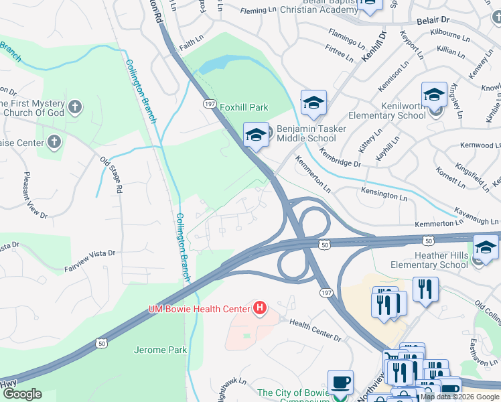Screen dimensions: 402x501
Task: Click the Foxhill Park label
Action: tap(244, 107)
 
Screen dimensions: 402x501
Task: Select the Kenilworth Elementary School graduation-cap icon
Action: tap(434, 95)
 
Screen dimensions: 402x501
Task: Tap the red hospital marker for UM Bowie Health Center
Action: tap(259, 309)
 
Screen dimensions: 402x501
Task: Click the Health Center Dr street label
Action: tap(314, 322)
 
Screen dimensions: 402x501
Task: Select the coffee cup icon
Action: tap(340, 382)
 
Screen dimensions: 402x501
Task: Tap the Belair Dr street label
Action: tap(433, 21)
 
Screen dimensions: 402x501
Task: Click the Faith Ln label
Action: tap(190, 42)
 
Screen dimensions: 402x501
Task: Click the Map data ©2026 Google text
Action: tap(459, 397)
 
